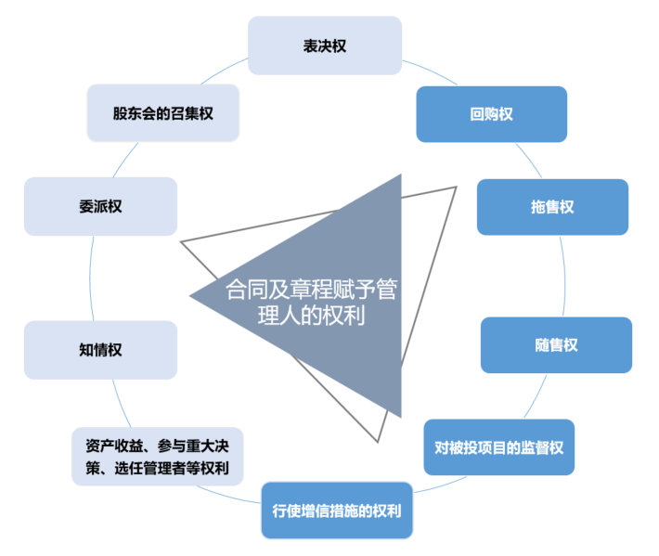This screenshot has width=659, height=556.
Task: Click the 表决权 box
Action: pos(325,45)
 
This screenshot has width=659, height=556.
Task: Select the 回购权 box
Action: pos(491,114)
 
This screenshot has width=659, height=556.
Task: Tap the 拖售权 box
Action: pos(552,206)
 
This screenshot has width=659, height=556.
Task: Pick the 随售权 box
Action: pos(556,345)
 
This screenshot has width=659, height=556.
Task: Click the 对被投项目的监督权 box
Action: pos(499,447)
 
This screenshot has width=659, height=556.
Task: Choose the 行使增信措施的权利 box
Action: pos(337,511)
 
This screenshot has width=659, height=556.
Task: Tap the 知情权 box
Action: pos(100,350)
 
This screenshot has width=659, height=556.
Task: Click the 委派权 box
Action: pos(100,206)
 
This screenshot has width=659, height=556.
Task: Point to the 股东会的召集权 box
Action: pos(163,113)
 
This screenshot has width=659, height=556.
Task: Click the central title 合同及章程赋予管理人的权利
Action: pos(311,303)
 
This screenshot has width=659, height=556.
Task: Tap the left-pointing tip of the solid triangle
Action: pos(191,297)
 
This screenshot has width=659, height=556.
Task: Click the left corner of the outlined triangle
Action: pos(182,242)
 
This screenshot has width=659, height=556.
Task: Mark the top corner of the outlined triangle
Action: pos(456,187)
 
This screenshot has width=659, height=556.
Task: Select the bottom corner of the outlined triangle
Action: pos(379,440)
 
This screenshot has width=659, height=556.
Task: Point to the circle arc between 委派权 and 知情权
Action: pos(93,278)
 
